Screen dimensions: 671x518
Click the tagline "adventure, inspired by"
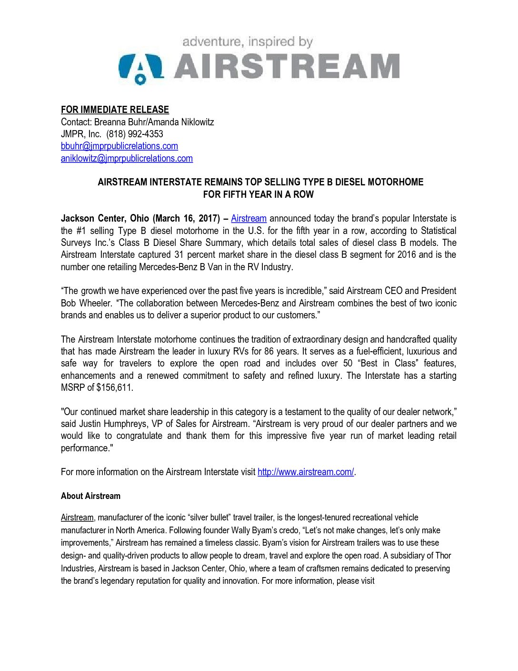click(x=248, y=42)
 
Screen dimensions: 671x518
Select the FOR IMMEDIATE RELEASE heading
click(x=115, y=110)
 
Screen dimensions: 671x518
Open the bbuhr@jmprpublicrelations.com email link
click(x=120, y=146)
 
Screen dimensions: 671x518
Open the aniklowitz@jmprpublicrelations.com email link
click(x=127, y=158)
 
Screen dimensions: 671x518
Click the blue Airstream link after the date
click(x=249, y=218)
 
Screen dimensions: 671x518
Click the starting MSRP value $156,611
click(x=114, y=387)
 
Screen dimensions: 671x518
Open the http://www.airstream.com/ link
click(x=306, y=472)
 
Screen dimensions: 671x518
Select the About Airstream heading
click(x=90, y=496)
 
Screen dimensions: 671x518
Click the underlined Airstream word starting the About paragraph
click(x=77, y=518)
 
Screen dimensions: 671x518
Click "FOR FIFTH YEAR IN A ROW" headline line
click(x=259, y=194)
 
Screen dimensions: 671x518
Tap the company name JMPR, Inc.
click(x=81, y=134)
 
